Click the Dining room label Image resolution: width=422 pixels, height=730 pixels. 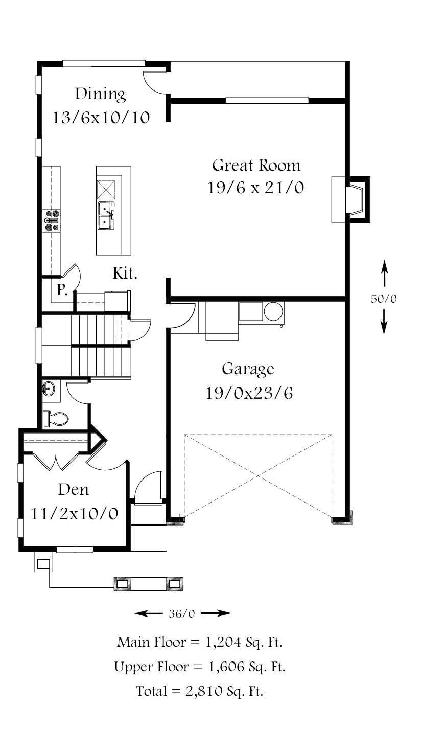click(100, 94)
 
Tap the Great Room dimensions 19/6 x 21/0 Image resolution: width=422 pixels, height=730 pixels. click(256, 188)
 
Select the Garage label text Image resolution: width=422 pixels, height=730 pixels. click(248, 369)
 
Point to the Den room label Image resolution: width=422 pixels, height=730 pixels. click(73, 490)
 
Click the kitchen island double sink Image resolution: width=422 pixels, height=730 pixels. click(106, 215)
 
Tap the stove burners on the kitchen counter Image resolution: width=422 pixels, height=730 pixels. click(53, 221)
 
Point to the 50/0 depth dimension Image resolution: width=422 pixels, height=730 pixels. click(384, 299)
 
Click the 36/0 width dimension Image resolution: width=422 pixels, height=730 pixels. click(182, 614)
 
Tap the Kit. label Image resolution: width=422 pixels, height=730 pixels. click(125, 273)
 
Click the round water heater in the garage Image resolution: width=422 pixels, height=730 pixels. click(274, 311)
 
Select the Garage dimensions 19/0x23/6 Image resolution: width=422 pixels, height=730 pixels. click(249, 393)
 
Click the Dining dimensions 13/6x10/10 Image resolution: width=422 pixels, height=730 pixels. click(101, 118)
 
